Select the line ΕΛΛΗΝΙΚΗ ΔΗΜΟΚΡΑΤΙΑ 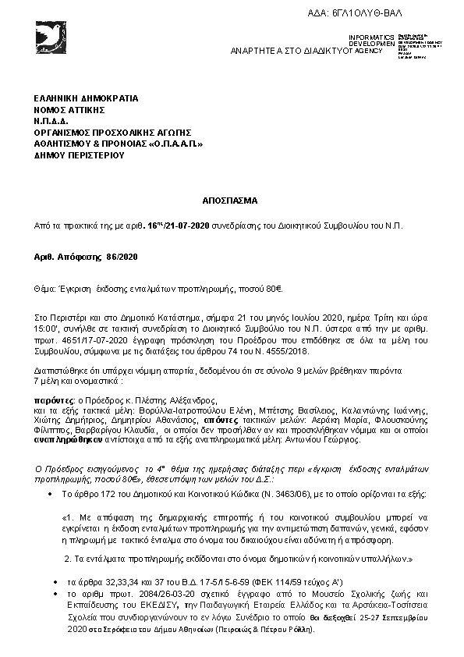[x=86, y=99]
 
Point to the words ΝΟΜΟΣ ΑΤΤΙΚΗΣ [x=69, y=110]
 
